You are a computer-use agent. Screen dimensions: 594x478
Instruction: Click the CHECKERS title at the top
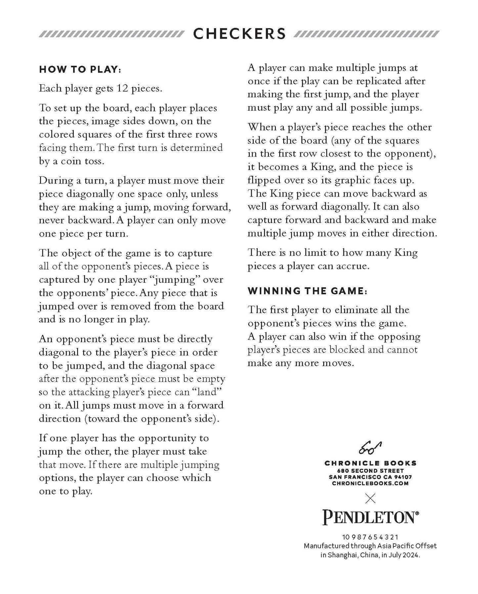tap(239, 34)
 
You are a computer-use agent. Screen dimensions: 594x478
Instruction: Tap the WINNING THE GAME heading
tap(308, 291)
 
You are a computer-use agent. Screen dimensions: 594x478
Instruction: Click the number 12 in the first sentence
tap(121, 89)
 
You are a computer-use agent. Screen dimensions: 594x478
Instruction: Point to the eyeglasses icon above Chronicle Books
tap(370, 448)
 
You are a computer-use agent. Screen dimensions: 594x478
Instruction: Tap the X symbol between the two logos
tap(370, 499)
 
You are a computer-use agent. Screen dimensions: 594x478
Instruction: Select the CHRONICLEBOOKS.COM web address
tap(370, 483)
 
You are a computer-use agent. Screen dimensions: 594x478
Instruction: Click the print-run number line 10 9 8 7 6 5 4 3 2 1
tap(370, 538)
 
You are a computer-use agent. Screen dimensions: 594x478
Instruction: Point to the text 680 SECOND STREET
tap(370, 470)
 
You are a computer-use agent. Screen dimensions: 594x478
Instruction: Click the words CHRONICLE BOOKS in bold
tap(370, 464)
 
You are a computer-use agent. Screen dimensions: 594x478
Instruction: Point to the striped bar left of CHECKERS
tap(111, 34)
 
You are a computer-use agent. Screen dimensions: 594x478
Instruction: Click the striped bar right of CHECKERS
tap(367, 34)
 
